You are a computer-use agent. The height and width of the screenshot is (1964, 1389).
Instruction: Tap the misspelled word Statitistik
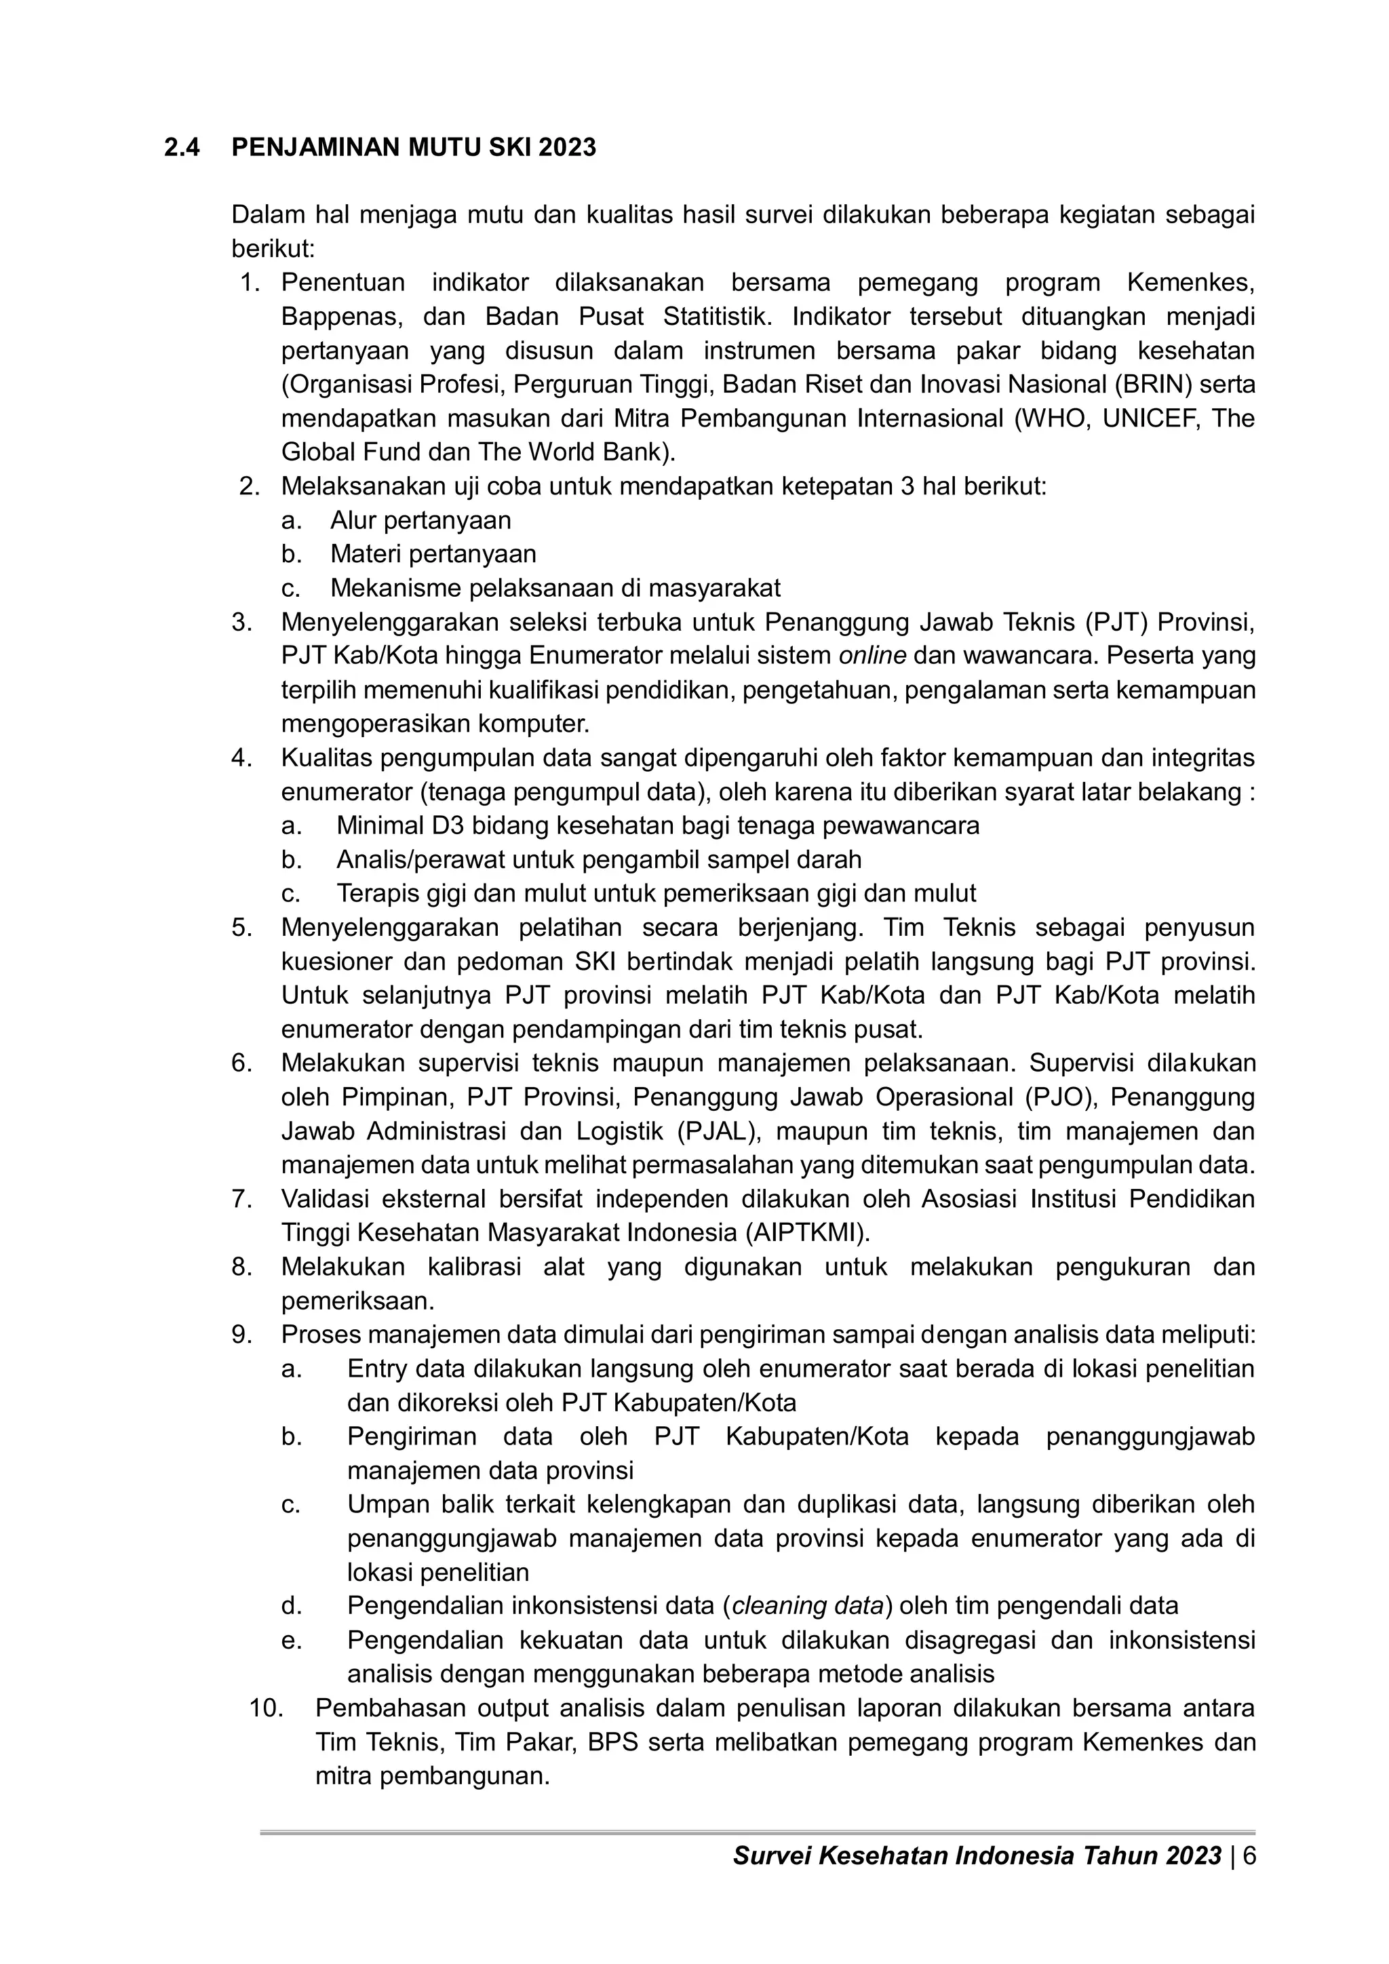point(718,317)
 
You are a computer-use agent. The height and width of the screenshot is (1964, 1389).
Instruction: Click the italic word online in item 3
point(872,655)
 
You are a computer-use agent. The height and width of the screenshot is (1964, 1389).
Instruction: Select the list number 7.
point(241,1198)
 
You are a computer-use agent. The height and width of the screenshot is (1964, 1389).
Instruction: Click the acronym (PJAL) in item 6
point(714,1131)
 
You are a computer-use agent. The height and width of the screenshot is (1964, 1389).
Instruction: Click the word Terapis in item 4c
point(376,893)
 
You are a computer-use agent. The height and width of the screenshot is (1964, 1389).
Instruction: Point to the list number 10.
point(265,1708)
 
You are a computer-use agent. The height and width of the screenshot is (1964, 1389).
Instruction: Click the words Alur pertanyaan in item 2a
point(420,520)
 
